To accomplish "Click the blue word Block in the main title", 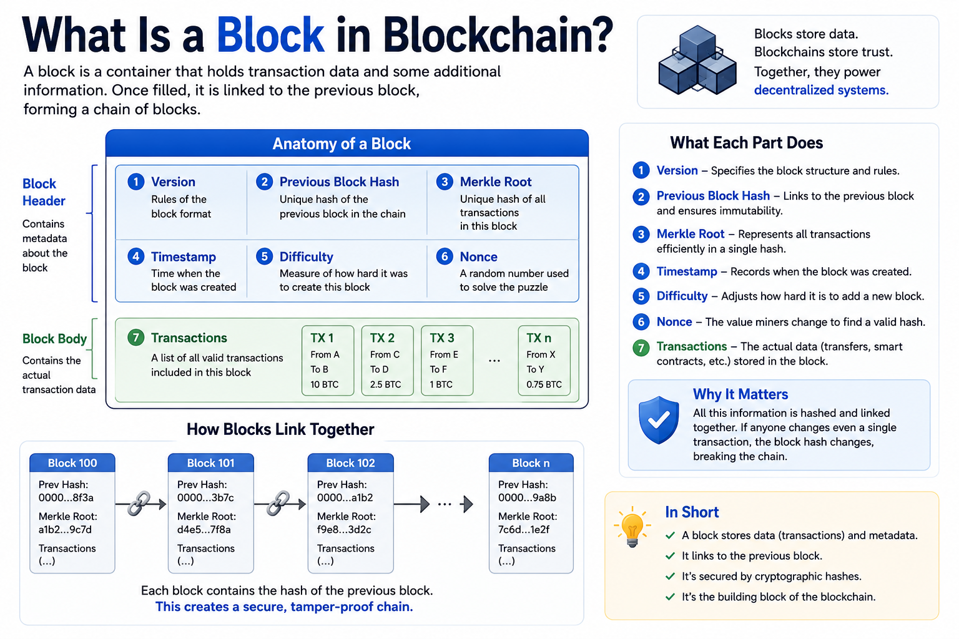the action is point(270,35).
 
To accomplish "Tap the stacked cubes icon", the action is point(697,60).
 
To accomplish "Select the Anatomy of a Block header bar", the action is point(347,144).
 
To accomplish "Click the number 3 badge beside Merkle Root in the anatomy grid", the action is point(445,182).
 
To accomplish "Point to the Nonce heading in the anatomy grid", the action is point(478,257).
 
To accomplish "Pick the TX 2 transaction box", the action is point(387,361).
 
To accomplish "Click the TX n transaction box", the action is point(544,361).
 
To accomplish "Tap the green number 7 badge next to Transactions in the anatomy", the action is point(135,338).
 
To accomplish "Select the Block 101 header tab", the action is point(210,462).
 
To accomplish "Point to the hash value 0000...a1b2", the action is point(345,498).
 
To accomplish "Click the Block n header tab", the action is point(531,462).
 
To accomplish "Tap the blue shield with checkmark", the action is point(659,420).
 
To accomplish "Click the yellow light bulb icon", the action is point(632,527).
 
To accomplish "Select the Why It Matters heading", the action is point(740,394).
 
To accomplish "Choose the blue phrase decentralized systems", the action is point(821,90).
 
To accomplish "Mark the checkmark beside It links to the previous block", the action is point(671,556).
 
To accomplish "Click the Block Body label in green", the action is point(54,339).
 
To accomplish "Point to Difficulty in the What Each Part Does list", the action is point(682,296).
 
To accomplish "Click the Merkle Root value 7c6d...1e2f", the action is point(524,529).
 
